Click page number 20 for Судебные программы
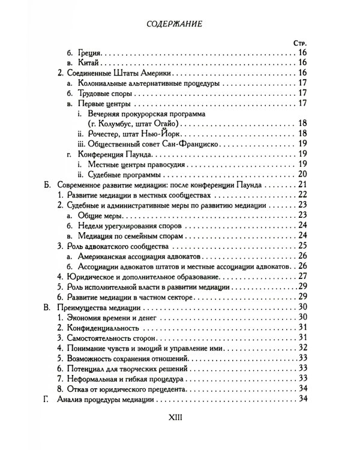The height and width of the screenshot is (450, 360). click(303, 174)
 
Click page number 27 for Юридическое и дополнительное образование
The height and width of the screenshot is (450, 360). click(303, 276)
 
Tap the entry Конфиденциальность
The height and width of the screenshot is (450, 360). click(101, 327)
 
